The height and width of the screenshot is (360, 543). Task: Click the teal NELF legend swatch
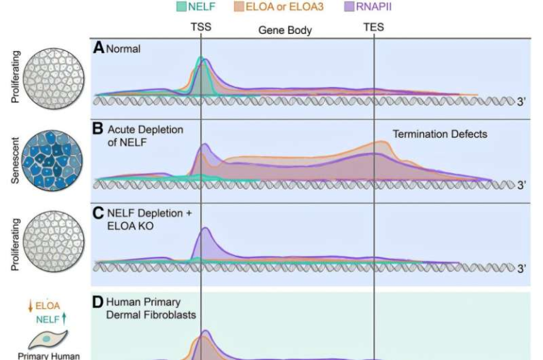182,8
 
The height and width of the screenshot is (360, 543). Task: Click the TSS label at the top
201,28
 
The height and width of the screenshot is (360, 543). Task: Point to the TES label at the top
374,28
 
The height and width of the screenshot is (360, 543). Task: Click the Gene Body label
284,30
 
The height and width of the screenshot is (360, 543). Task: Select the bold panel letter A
99,48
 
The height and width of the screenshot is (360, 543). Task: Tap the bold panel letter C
99,213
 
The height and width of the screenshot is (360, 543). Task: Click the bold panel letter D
99,301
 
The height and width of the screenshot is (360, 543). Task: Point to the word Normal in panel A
124,50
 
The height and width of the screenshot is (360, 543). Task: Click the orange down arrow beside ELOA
30,306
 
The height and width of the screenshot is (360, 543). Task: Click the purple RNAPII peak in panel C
205,240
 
